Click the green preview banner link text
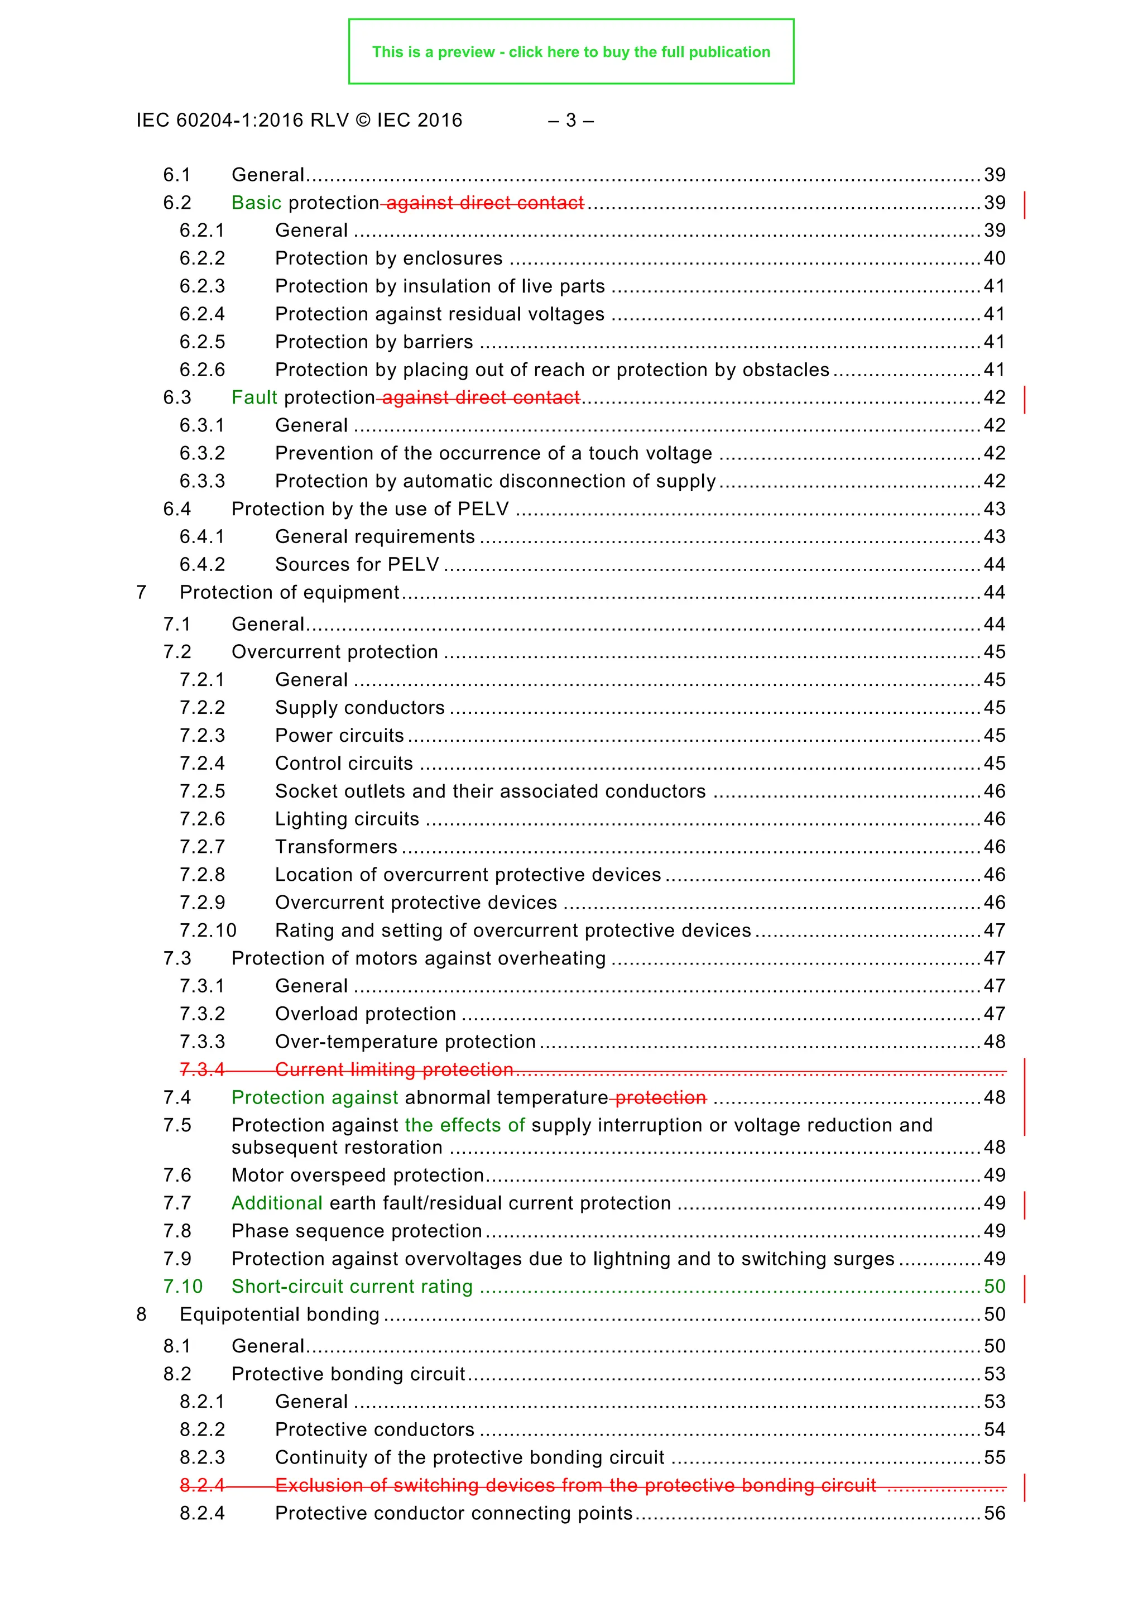click(x=570, y=52)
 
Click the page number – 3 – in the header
click(x=570, y=121)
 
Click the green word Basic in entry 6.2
click(x=256, y=203)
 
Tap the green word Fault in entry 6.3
click(x=254, y=398)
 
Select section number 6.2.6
click(x=202, y=370)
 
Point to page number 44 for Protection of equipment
click(x=993, y=592)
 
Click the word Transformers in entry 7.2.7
click(x=336, y=847)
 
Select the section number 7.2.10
click(x=208, y=931)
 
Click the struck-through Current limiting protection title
click(x=393, y=1070)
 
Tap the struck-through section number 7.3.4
click(x=201, y=1070)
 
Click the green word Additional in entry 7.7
click(x=277, y=1203)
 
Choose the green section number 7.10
click(x=183, y=1287)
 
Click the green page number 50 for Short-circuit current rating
click(x=993, y=1287)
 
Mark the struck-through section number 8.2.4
click(x=201, y=1485)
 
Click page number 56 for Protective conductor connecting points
click(x=993, y=1514)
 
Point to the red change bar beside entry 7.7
click(x=1024, y=1205)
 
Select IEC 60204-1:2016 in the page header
click(x=212, y=121)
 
